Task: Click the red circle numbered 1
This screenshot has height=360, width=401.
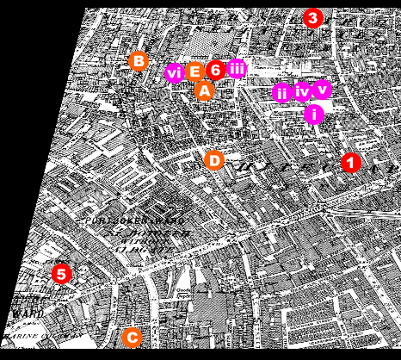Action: [x=350, y=162]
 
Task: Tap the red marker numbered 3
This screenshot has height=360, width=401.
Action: [x=312, y=17]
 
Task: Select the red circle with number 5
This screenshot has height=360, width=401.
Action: [x=60, y=274]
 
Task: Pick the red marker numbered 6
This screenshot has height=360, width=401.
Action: [x=216, y=70]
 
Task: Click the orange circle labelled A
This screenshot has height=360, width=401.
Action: [x=204, y=90]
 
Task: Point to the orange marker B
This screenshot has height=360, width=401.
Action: [x=138, y=60]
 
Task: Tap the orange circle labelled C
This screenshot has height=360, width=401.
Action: [x=132, y=338]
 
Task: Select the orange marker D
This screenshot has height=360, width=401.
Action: [x=214, y=159]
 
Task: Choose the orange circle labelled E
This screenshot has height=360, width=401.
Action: [x=194, y=71]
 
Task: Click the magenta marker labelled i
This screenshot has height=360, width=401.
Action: [x=314, y=114]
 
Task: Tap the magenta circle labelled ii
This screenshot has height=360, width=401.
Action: [x=281, y=93]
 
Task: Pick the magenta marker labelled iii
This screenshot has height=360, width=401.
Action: [x=237, y=69]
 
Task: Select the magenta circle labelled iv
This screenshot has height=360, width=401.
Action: [x=302, y=91]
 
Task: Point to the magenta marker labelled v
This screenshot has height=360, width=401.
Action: [x=322, y=88]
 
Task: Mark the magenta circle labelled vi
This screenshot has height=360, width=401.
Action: [x=175, y=73]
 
